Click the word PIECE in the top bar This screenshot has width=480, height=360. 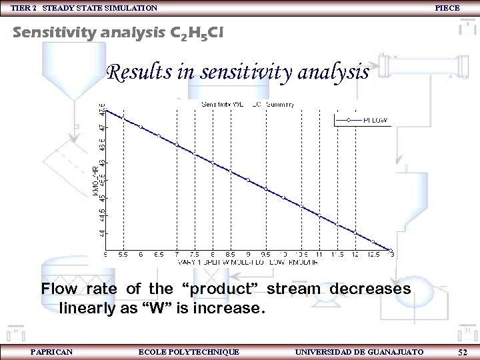click(x=446, y=7)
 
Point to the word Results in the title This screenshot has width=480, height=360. click(x=139, y=71)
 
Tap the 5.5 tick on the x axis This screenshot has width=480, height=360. click(x=123, y=254)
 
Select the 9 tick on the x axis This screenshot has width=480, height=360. click(x=248, y=254)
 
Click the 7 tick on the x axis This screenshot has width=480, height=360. click(x=177, y=254)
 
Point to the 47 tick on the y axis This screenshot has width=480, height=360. click(x=102, y=127)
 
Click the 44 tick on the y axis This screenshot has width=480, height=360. click(x=102, y=233)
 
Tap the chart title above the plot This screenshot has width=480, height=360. click(x=247, y=104)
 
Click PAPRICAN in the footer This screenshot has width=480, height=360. click(x=51, y=351)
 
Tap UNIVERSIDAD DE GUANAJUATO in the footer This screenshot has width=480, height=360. click(x=359, y=351)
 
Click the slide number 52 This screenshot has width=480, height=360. click(x=463, y=351)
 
